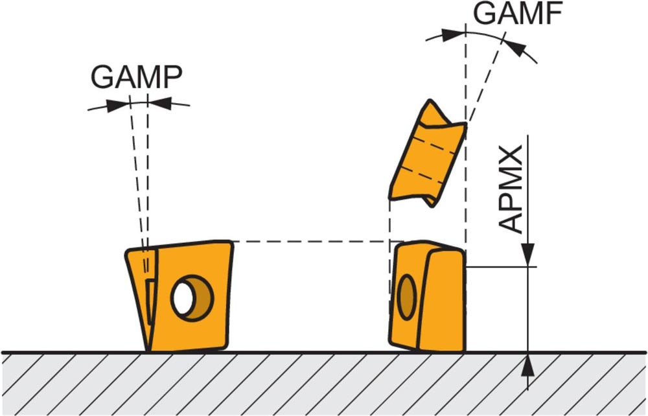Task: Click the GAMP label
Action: pos(136,77)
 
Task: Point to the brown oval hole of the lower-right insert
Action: pos(407,297)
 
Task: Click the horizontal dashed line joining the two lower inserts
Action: pos(311,242)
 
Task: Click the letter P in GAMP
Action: pos(170,77)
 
